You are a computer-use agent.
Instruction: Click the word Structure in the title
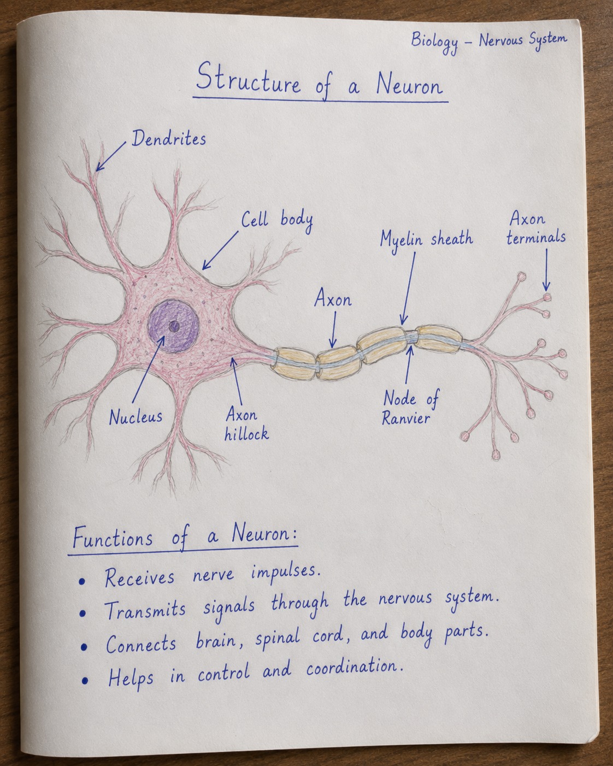[248, 78]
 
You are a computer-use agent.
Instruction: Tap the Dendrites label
[169, 138]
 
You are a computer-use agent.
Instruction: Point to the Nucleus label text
[135, 417]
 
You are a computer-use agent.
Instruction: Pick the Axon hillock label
[246, 425]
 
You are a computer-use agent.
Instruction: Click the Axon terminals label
[536, 228]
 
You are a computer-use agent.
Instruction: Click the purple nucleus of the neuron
[173, 326]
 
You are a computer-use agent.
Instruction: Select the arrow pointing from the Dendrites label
[111, 156]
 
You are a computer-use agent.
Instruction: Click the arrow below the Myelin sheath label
[408, 288]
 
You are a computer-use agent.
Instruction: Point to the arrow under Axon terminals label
[546, 269]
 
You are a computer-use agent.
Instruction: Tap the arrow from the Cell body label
[220, 250]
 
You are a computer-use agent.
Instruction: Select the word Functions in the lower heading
[113, 537]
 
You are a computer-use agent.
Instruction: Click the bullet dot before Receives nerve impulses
[82, 581]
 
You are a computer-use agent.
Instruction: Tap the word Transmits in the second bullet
[145, 610]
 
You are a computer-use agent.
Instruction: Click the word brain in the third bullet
[216, 641]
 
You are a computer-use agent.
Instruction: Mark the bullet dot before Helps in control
[85, 681]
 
